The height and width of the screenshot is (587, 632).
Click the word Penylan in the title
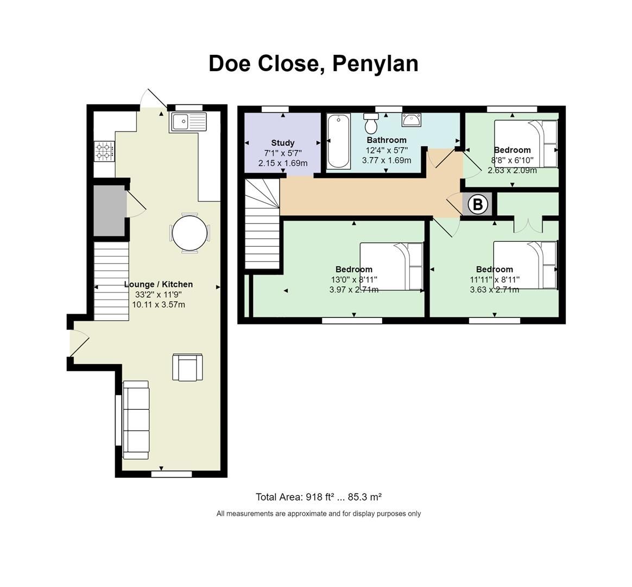coord(375,63)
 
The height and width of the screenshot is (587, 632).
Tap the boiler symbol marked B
coord(478,204)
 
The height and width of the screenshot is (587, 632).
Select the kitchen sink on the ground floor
coord(188,122)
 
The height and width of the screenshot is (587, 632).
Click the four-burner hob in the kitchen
coord(104,151)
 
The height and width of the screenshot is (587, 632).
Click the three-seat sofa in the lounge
coord(136,417)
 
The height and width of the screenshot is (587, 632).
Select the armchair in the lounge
coord(188,367)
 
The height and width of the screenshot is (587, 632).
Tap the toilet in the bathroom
coord(372,124)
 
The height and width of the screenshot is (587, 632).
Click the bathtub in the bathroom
coord(338,141)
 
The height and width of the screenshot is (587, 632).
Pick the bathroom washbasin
coord(411,120)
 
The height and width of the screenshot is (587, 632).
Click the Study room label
coord(282,143)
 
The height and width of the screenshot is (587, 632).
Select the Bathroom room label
coord(386,140)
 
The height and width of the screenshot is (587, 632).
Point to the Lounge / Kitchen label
coord(158,284)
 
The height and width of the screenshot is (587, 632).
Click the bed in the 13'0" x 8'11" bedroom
coord(391,266)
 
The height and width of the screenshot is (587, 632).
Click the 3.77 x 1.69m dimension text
coord(386,160)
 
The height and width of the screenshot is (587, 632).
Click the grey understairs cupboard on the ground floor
coord(109,210)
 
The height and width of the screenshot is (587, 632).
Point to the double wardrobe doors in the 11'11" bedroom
coord(528,224)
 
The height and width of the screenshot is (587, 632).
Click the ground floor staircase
coord(111,280)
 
